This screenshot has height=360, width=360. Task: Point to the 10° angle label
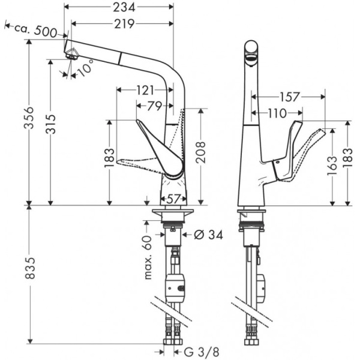click(x=87, y=67)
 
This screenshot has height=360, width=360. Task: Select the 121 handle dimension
click(x=144, y=90)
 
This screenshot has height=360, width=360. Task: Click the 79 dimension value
click(x=154, y=106)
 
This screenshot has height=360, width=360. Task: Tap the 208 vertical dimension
click(x=200, y=153)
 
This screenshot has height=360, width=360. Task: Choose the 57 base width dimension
click(x=173, y=198)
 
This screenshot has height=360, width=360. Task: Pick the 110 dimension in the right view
click(x=277, y=112)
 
